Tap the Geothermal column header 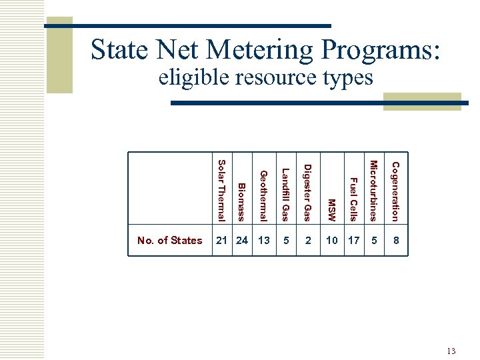pyautogui.click(x=263, y=195)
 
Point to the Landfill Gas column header pyautogui.click(x=285, y=194)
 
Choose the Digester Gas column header pyautogui.click(x=307, y=192)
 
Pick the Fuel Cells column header pyautogui.click(x=353, y=199)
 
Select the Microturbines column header pyautogui.click(x=374, y=191)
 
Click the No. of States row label pyautogui.click(x=169, y=241)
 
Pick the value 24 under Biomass pyautogui.click(x=242, y=241)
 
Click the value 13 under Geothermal pyautogui.click(x=264, y=241)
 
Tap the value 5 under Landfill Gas pyautogui.click(x=286, y=241)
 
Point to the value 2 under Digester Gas pyautogui.click(x=308, y=241)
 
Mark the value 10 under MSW pyautogui.click(x=332, y=241)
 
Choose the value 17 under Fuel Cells pyautogui.click(x=354, y=241)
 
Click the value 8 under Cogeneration pyautogui.click(x=396, y=241)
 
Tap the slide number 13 pyautogui.click(x=451, y=351)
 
